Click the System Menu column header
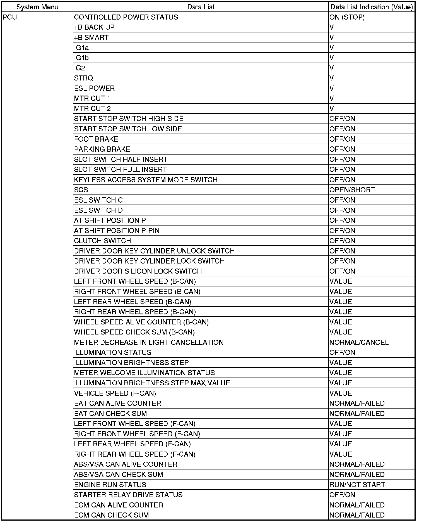37,7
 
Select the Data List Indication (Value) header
371,7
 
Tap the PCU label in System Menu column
10,17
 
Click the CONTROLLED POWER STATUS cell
126,17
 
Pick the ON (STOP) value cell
347,17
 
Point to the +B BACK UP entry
94,27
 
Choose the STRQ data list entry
84,78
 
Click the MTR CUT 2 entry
92,109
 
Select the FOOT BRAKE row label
96,139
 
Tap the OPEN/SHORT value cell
352,190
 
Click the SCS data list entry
81,190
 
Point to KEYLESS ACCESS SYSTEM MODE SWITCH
146,180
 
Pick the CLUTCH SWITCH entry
102,241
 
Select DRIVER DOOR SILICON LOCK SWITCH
138,271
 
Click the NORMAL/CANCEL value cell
359,343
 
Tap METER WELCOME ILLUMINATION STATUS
144,373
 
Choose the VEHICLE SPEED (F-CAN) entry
115,393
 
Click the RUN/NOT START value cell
357,485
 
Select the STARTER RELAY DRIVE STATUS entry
128,495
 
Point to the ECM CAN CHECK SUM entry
111,515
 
